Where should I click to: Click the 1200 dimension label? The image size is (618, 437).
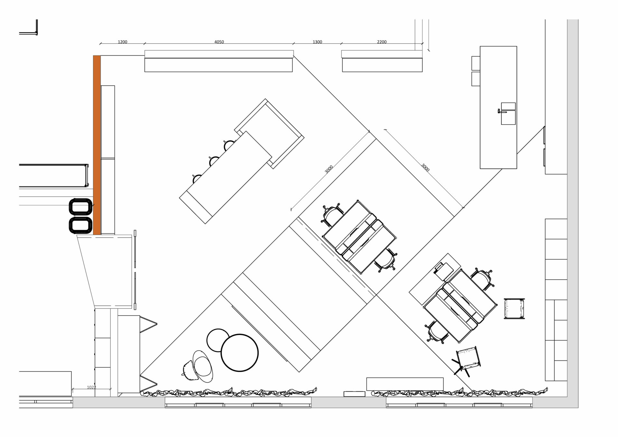(122, 42)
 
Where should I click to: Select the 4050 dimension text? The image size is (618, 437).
(219, 42)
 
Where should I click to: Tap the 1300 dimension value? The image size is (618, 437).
(317, 42)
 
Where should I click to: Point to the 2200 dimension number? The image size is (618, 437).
(382, 42)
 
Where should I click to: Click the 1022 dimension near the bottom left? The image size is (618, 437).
(91, 387)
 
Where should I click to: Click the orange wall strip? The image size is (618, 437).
(97, 145)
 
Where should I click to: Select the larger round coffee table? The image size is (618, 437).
(239, 353)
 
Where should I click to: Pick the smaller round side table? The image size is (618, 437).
(218, 340)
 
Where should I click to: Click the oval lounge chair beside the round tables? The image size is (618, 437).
(203, 366)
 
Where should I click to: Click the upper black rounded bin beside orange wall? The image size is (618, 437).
(81, 207)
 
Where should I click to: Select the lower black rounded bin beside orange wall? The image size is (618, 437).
(81, 225)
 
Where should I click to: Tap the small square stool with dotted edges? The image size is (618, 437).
(514, 309)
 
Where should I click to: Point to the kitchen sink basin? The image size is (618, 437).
(508, 114)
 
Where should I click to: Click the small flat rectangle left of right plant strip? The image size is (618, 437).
(354, 394)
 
